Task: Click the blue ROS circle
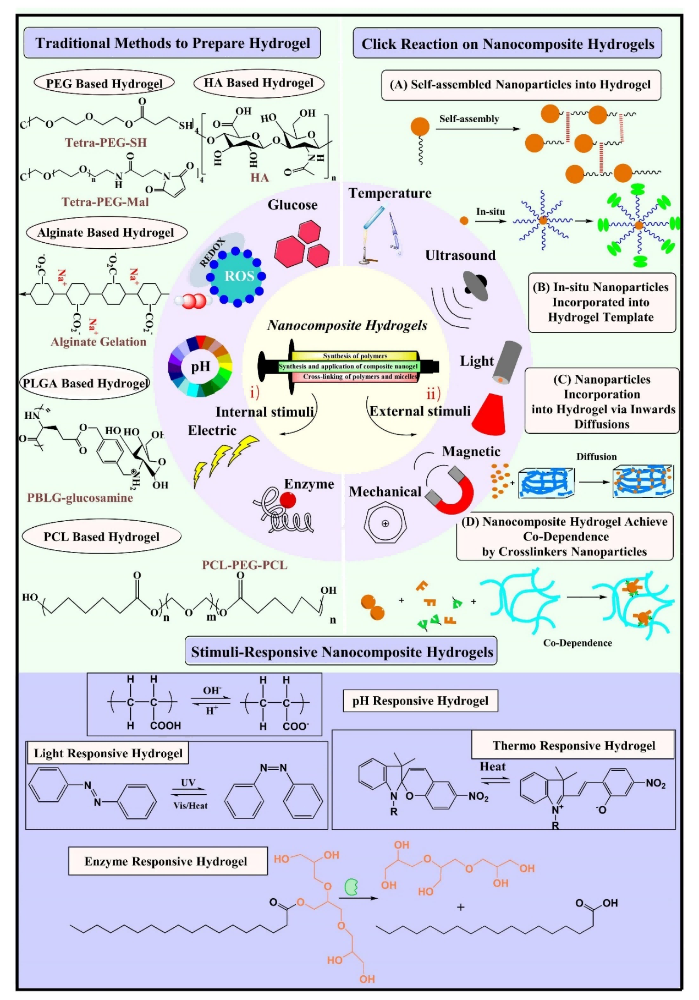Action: point(236,276)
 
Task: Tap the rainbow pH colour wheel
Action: point(200,367)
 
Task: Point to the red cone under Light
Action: point(489,414)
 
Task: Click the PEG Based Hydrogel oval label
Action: point(104,84)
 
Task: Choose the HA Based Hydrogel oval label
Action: point(259,83)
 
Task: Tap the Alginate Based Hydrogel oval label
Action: point(106,232)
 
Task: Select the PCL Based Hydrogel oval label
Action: point(102,537)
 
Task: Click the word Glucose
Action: point(293,205)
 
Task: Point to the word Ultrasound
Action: point(460,255)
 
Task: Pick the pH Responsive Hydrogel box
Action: point(421,701)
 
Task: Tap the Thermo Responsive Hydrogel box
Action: point(573,745)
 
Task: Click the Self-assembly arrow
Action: point(477,129)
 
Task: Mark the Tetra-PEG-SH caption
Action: point(106,143)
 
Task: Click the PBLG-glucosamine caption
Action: point(80,498)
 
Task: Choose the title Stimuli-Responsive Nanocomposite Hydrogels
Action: point(342,652)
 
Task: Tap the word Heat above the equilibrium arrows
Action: point(493,767)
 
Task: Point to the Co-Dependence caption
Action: point(577,643)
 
